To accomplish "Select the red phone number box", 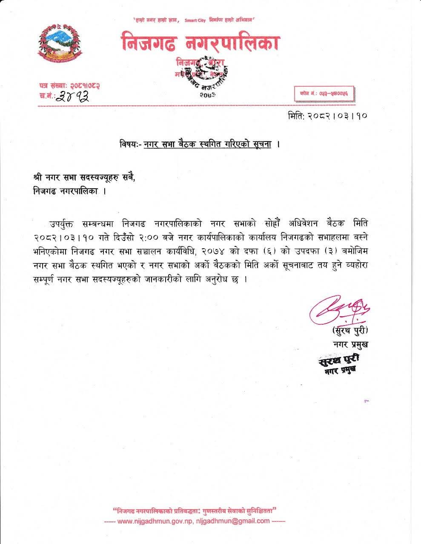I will (x=324, y=93).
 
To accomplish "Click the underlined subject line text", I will (x=207, y=144).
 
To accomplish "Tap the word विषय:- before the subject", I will (x=129, y=144).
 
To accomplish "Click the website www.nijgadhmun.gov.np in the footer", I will (x=155, y=521).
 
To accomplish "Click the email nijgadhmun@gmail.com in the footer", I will (x=233, y=521).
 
